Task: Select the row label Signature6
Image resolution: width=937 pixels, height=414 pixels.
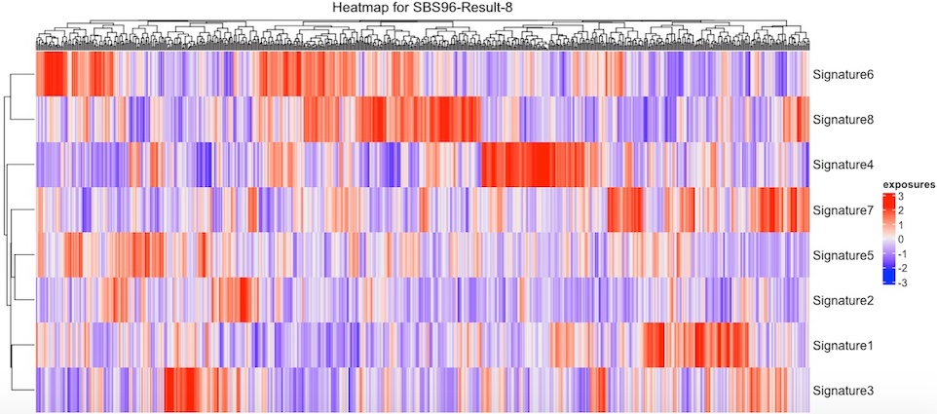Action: (x=843, y=74)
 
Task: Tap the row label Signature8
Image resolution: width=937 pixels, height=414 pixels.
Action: (x=843, y=120)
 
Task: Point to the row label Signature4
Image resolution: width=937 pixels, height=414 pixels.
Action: (x=843, y=165)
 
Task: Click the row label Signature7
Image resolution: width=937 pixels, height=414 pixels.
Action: (x=843, y=209)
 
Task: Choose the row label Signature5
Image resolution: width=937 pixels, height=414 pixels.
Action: (x=843, y=255)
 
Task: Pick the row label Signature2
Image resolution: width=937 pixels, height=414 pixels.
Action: (x=843, y=300)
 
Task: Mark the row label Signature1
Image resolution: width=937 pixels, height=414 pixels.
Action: (x=843, y=346)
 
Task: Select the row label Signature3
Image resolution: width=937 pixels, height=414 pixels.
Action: (x=843, y=391)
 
